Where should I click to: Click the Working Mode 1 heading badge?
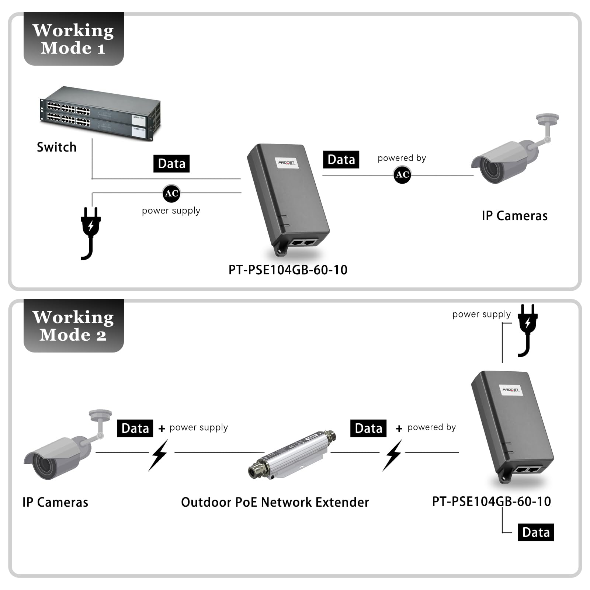73,39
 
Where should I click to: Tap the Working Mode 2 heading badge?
73,326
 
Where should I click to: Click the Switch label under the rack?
56,147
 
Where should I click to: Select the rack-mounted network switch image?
100,113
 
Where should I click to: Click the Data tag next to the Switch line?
171,163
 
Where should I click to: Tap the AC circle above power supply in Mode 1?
171,193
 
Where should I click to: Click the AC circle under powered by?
402,174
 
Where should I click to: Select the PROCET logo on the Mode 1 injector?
287,163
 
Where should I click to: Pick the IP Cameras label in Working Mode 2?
55,502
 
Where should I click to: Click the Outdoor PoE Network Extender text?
275,502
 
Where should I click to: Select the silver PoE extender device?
291,454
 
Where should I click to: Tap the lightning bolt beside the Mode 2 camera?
159,455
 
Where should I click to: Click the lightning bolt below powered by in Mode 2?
393,455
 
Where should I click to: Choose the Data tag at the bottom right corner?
535,532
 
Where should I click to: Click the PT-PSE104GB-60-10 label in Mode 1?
288,270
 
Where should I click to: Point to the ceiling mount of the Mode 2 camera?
100,416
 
